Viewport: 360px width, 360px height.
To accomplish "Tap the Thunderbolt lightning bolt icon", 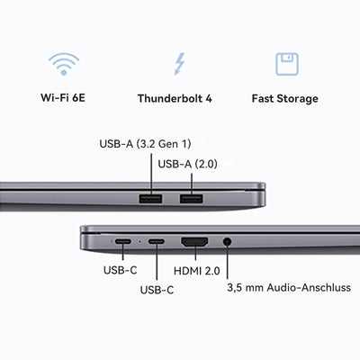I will [180, 64].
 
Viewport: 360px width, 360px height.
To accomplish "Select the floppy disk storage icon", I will [287, 64].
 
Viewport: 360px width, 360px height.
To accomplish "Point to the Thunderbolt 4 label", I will [180, 97].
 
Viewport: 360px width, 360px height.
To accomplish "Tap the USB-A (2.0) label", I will [192, 164].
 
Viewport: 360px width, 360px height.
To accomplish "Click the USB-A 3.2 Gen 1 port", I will [150, 199].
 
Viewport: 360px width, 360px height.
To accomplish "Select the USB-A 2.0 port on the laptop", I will [190, 199].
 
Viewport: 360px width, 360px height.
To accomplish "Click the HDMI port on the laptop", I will [195, 243].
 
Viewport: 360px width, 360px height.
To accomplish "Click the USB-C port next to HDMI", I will [157, 243].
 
